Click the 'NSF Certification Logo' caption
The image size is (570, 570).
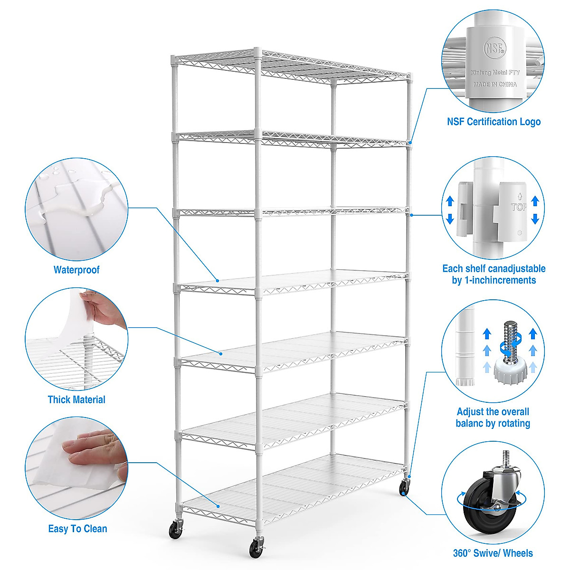(494, 122)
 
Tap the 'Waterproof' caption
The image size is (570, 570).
(76, 270)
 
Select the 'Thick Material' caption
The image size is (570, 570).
(76, 399)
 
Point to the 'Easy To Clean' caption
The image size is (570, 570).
(77, 529)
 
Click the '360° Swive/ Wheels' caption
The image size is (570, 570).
(493, 553)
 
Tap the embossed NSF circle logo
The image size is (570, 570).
(494, 48)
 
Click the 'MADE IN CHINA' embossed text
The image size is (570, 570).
(495, 84)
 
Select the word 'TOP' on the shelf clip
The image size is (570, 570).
(518, 207)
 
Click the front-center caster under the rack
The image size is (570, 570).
(257, 548)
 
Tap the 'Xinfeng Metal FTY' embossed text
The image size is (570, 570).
(495, 73)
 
